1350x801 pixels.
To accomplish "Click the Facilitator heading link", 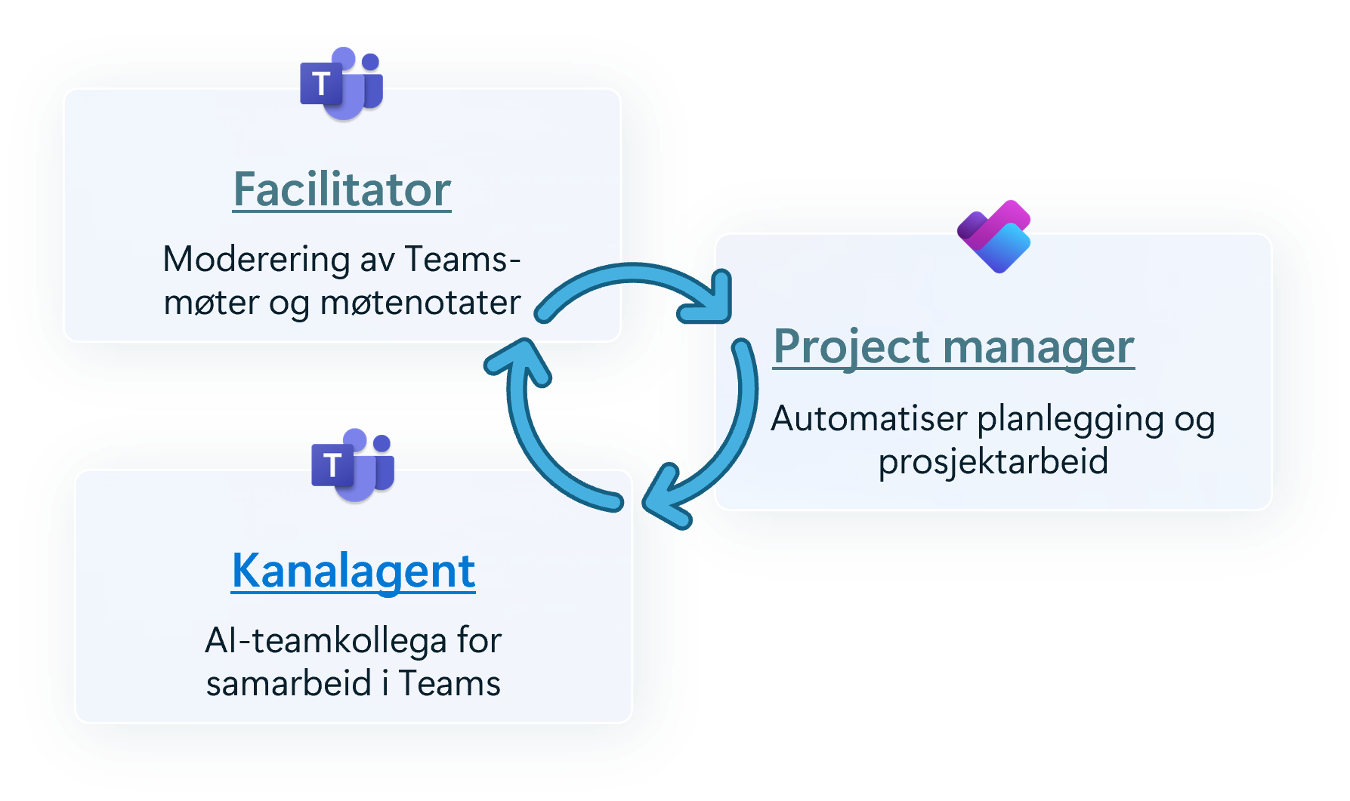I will (x=341, y=189).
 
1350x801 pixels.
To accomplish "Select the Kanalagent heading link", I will (x=353, y=571).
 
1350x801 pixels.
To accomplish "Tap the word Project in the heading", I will (x=851, y=347).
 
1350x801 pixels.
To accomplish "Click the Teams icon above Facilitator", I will (x=341, y=83).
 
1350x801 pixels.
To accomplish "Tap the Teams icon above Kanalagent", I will (x=353, y=464).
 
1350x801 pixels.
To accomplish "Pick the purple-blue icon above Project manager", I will (x=994, y=236).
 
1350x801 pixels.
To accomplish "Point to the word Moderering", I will (x=255, y=260).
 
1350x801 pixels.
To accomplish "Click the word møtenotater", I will (x=420, y=303).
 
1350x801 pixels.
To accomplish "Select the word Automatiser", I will (x=869, y=419).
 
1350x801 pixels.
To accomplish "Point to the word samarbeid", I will (x=289, y=684).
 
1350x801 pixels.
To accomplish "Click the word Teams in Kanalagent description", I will (x=449, y=684).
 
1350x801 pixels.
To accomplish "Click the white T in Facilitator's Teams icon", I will (x=322, y=84).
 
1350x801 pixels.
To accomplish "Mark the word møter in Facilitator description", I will (x=212, y=303).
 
